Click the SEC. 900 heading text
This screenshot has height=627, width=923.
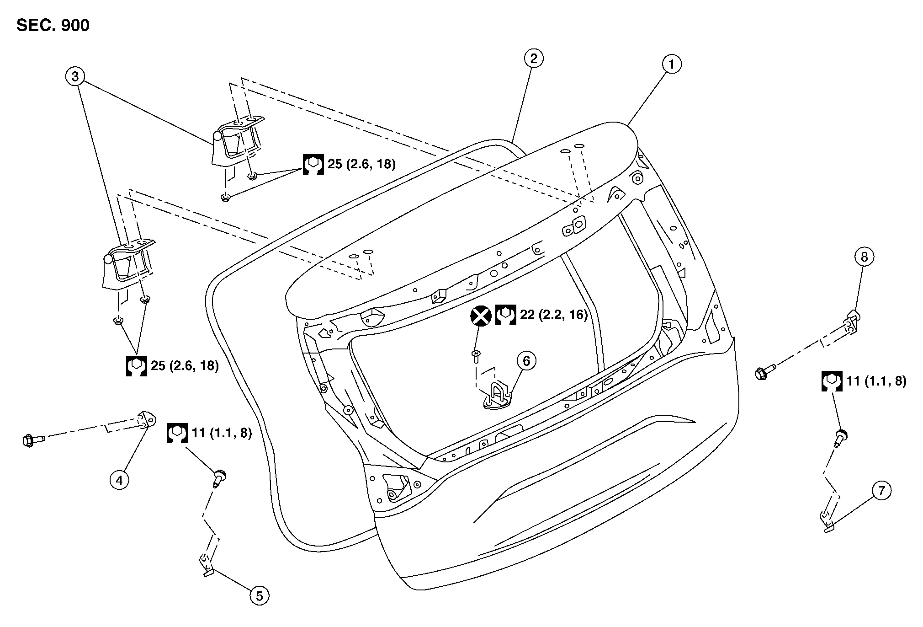53,26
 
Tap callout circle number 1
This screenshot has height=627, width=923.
671,64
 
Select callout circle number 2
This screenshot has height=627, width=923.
533,58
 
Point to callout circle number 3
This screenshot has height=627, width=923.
75,76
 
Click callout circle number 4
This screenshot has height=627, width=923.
119,480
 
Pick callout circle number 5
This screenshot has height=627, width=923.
260,595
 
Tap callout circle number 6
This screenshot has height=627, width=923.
526,361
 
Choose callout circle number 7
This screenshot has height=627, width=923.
881,491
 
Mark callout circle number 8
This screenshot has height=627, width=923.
864,257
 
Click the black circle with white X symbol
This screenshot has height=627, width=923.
481,316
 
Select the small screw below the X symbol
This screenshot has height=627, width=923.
476,356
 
